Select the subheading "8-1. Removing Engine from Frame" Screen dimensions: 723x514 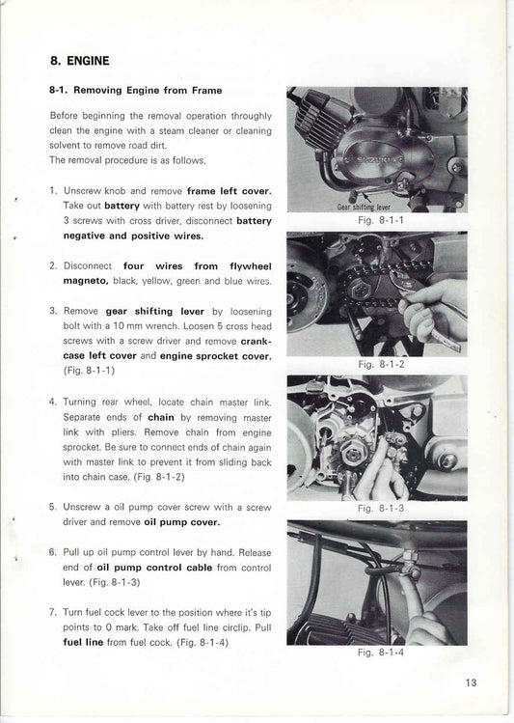point(135,91)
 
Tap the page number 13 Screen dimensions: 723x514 point(471,682)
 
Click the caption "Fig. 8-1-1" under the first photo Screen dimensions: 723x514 point(377,219)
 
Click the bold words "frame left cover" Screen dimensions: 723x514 point(229,190)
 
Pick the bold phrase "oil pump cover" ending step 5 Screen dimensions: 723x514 point(182,521)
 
